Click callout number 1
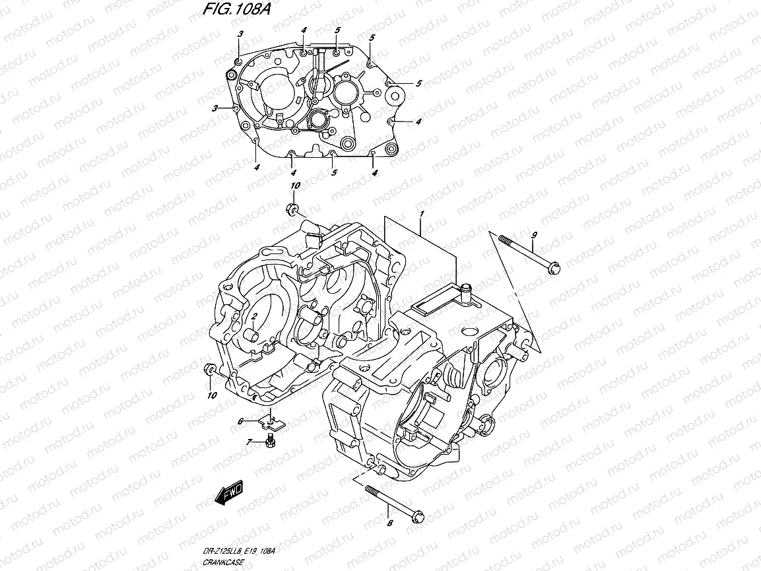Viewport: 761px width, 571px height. [420, 215]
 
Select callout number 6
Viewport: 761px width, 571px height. [242, 420]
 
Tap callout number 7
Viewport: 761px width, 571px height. [248, 442]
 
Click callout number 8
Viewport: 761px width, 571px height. [389, 523]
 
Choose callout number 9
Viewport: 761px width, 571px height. [534, 236]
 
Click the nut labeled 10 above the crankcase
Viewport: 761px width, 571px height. [293, 211]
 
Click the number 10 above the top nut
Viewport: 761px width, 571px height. [295, 186]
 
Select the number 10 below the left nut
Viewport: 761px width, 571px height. [211, 395]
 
